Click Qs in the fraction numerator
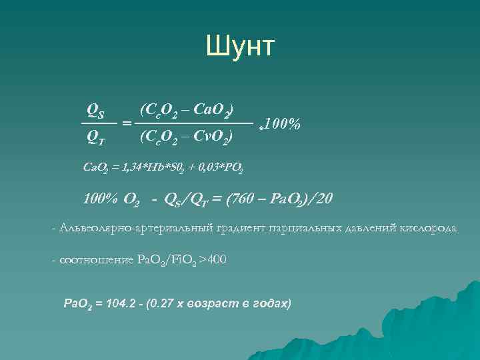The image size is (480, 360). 99,108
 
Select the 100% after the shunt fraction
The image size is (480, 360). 281,124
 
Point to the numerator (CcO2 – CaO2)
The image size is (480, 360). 186,108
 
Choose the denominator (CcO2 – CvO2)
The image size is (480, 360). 186,138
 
